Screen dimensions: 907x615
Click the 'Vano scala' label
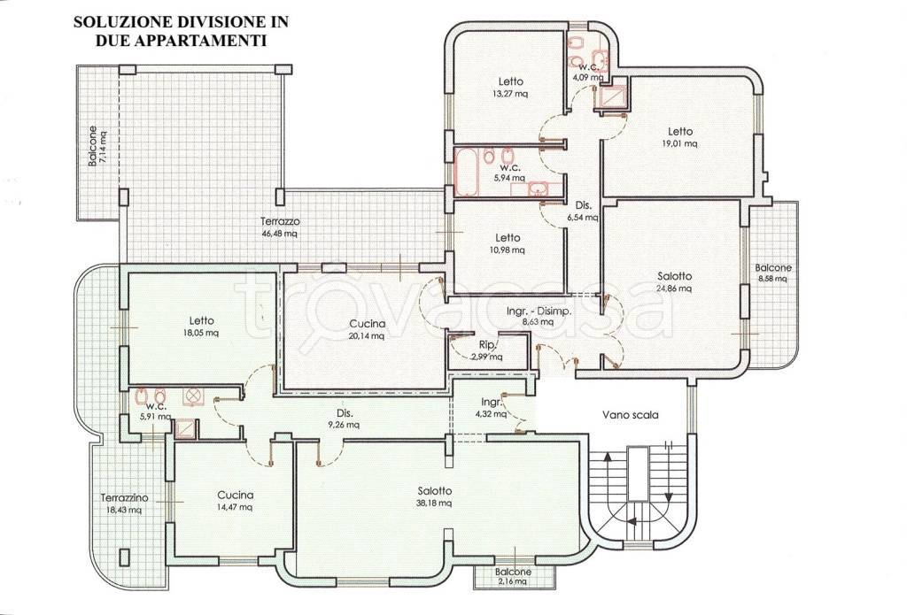(x=630, y=415)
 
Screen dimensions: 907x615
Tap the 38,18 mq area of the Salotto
(x=434, y=504)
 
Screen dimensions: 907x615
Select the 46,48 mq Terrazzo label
(x=280, y=227)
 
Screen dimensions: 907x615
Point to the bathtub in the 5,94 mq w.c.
(x=466, y=171)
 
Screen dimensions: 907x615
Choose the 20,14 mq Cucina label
(x=367, y=329)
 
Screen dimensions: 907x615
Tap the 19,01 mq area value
(x=679, y=144)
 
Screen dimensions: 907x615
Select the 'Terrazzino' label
(x=124, y=497)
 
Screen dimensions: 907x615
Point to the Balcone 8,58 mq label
(x=772, y=273)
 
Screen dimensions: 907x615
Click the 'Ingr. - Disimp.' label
(x=539, y=311)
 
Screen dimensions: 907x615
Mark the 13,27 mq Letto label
(x=510, y=88)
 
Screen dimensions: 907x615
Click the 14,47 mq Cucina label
(x=235, y=501)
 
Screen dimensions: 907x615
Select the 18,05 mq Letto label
(x=201, y=327)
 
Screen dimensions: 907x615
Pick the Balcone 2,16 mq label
(x=513, y=577)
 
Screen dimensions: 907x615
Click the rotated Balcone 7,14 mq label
(x=97, y=147)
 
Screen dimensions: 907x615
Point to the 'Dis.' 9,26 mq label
(x=345, y=419)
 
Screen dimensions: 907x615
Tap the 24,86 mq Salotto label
(x=674, y=282)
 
